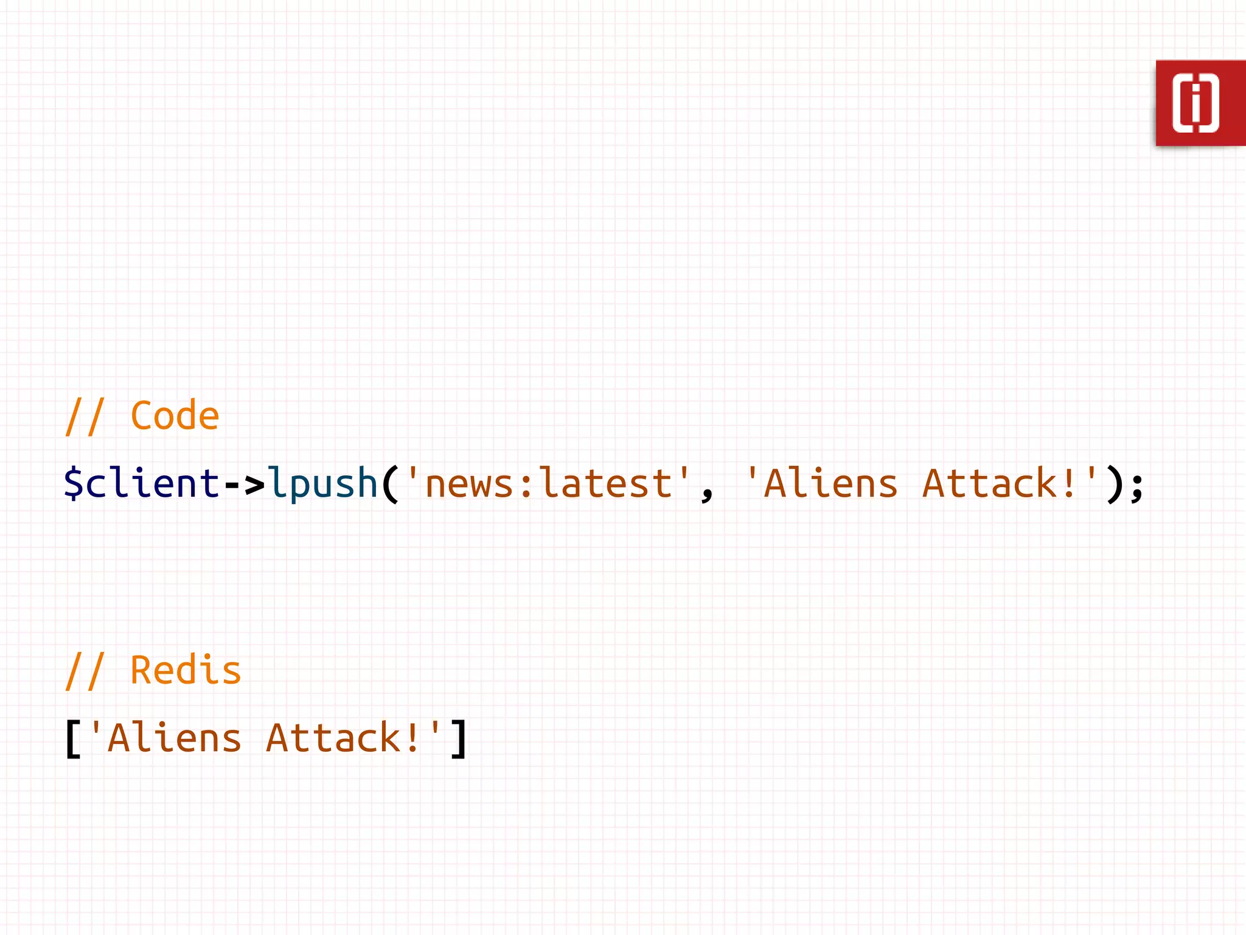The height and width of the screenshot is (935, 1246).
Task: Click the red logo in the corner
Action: point(1200,103)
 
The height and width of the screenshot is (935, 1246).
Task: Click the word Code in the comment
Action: point(175,416)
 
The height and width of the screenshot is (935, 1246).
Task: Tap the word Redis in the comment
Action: point(186,671)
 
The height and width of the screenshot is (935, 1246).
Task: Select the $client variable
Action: point(141,483)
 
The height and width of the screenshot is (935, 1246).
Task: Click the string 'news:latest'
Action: point(548,483)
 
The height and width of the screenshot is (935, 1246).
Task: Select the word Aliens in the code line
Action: point(830,483)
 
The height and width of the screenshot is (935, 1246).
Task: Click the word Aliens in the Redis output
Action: point(174,738)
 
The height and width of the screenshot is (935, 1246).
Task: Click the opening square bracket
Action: point(73,738)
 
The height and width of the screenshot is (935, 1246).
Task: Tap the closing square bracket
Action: point(459,738)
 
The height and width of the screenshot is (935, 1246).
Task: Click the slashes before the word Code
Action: point(85,417)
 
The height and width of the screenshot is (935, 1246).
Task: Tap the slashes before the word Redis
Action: point(85,671)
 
